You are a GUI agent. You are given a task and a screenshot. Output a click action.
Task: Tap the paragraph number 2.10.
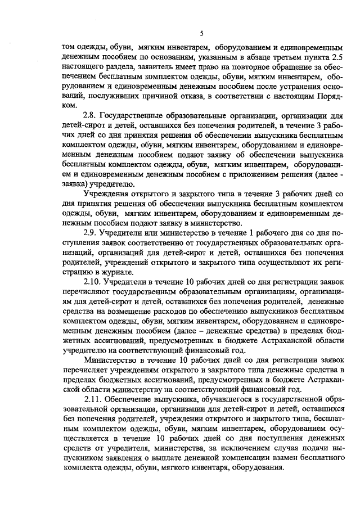tap(92, 282)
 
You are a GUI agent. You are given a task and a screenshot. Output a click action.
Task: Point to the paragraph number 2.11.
tap(92, 399)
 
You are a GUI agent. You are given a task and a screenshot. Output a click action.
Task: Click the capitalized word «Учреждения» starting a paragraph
tap(107, 195)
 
